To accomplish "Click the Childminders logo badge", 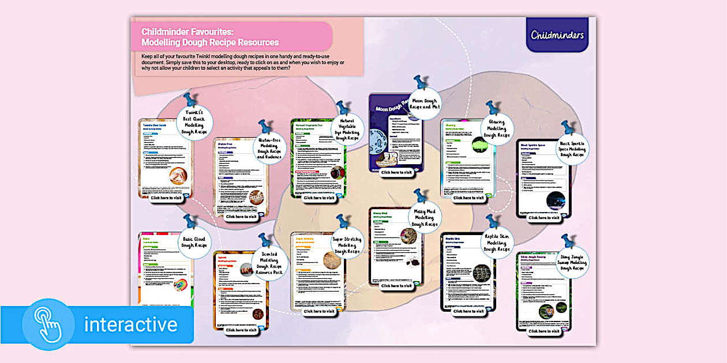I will (x=557, y=35).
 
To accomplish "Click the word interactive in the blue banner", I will (x=130, y=324).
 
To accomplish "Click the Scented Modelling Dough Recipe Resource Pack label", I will (x=269, y=262).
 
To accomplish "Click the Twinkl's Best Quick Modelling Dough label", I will (x=194, y=123).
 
